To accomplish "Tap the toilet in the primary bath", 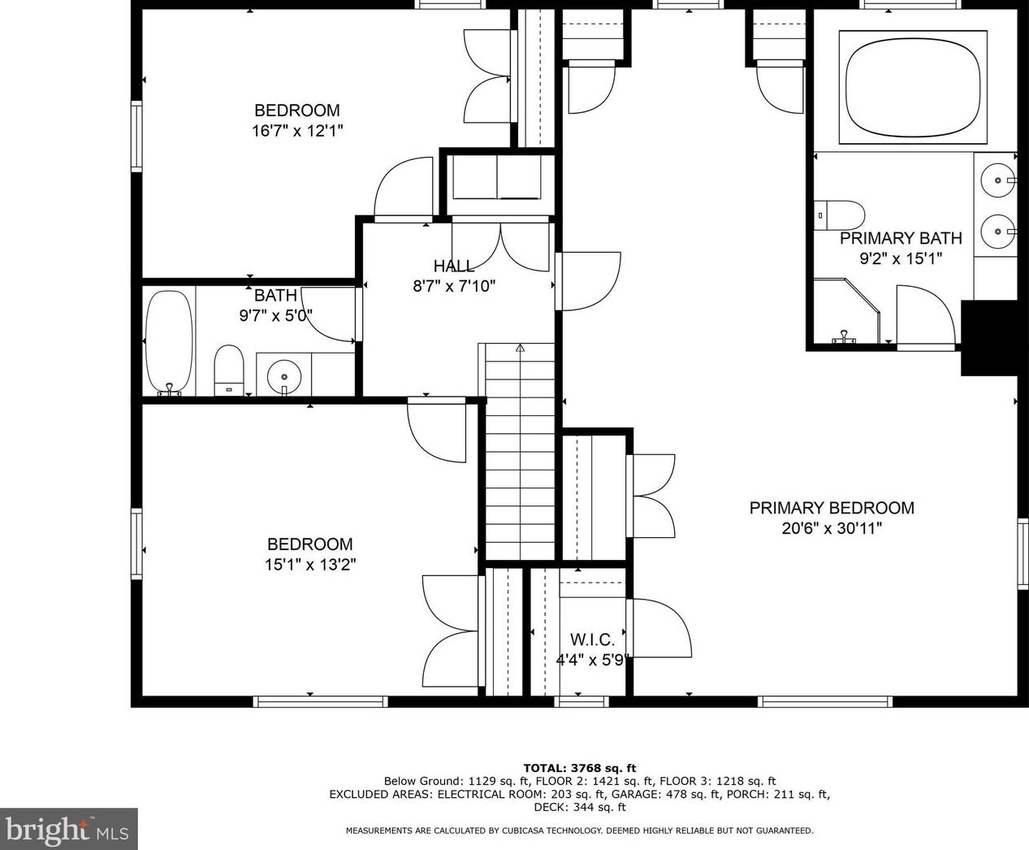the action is pyautogui.click(x=839, y=215).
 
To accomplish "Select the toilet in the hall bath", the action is pyautogui.click(x=229, y=370).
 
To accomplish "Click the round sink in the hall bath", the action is pyautogui.click(x=284, y=377).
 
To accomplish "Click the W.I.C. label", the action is pyautogui.click(x=592, y=640).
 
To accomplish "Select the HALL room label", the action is pyautogui.click(x=454, y=267).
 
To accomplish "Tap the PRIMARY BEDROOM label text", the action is pyautogui.click(x=832, y=508).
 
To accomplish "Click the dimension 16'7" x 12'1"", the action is pyautogui.click(x=297, y=131).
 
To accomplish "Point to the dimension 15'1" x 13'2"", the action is pyautogui.click(x=310, y=565).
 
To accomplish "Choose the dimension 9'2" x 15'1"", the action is pyautogui.click(x=901, y=258).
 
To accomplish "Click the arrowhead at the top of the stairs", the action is pyautogui.click(x=520, y=348).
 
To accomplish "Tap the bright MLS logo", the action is pyautogui.click(x=68, y=829).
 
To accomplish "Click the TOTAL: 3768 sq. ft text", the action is pyautogui.click(x=580, y=768).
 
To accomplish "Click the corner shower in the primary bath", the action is pyautogui.click(x=846, y=310).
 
